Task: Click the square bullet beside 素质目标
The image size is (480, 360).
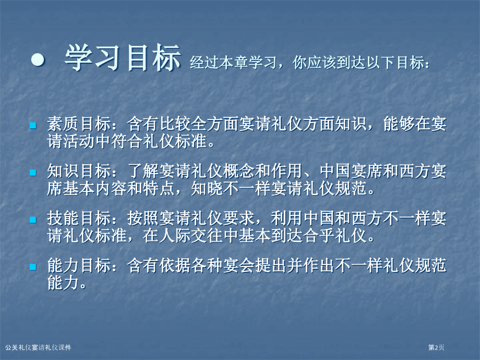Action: pos(32,126)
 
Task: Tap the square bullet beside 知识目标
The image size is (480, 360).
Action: pos(32,172)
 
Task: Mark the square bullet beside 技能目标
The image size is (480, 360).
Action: pos(32,220)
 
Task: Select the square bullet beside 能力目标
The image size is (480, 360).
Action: pos(32,267)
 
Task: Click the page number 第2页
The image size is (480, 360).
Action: pos(437,347)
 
